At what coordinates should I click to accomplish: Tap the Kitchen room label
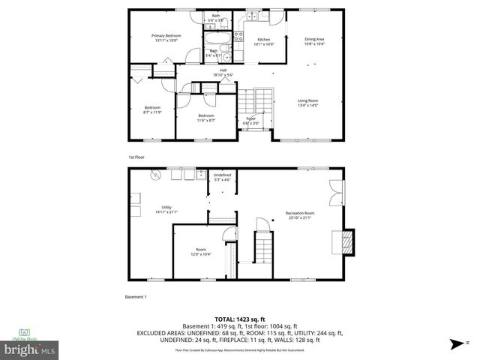click(264, 39)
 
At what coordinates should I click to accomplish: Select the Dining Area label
click(314, 39)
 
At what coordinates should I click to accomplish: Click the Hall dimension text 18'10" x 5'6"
click(223, 76)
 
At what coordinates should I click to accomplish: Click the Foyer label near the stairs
click(251, 118)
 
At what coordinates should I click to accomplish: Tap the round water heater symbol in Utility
click(155, 175)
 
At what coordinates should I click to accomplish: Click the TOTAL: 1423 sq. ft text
click(239, 318)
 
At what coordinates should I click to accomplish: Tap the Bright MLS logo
click(30, 349)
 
